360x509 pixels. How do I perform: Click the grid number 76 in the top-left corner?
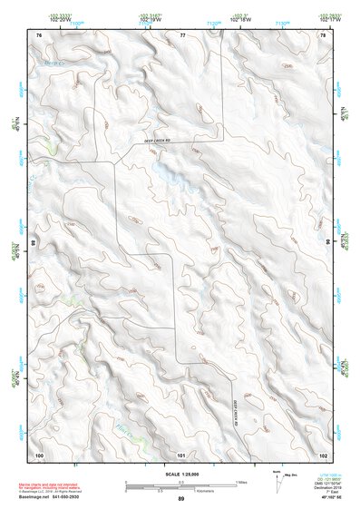click(39, 34)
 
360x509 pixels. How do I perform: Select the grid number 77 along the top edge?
click(181, 34)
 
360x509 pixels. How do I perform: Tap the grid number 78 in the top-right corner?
click(323, 34)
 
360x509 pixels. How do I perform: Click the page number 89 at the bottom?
click(181, 499)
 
